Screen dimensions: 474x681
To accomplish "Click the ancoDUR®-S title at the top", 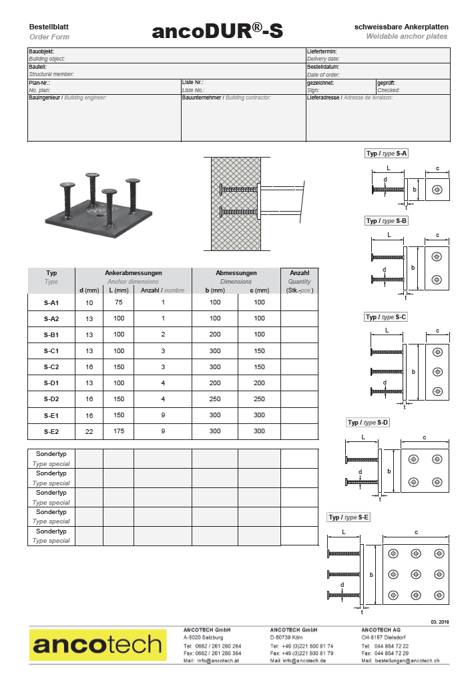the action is coord(217,31).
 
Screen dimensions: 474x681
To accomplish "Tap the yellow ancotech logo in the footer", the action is coord(97,645).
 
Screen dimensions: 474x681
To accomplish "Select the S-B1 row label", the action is coord(51,335).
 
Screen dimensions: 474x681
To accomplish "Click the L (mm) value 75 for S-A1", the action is coord(119,302).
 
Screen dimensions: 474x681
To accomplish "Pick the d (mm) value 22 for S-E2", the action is coord(89,432).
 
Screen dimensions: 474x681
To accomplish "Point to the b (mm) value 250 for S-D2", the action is coord(215,399).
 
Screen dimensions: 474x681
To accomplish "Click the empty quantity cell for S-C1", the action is coord(299,351).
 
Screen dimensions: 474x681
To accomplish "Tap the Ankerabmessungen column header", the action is coord(134,273).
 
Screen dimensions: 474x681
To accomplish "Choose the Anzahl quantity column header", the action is coord(299,273).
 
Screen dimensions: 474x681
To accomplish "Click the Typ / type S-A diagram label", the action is coord(387,154).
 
